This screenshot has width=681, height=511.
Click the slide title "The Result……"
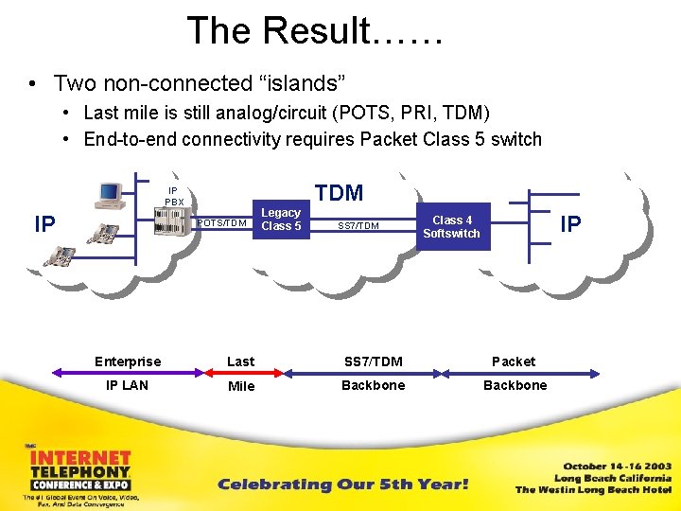tap(315, 31)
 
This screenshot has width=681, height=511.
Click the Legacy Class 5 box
tap(281, 220)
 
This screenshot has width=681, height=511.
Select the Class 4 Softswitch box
tap(451, 227)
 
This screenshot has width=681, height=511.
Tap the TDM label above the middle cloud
tap(339, 194)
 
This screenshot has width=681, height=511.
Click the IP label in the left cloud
tap(44, 224)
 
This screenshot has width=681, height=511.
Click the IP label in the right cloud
tap(570, 223)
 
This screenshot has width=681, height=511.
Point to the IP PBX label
tap(174, 196)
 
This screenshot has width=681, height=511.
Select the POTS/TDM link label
tap(223, 224)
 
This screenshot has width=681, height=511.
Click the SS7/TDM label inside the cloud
tap(358, 226)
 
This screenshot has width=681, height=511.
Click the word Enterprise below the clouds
tap(128, 361)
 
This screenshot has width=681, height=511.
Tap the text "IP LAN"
tap(127, 385)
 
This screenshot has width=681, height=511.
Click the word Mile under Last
tap(241, 386)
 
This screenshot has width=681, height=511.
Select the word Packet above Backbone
tap(514, 361)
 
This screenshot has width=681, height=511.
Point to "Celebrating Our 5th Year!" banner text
tap(343, 485)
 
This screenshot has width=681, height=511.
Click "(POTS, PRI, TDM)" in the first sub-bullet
tap(411, 114)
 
